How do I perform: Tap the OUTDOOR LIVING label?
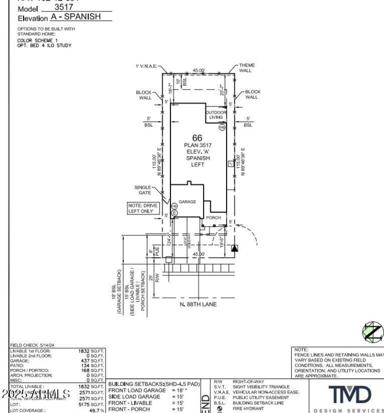tap(216, 115)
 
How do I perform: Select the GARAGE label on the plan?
tap(187, 202)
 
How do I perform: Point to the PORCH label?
tap(213, 218)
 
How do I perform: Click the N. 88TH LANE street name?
tap(198, 304)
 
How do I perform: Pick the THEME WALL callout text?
tap(247, 68)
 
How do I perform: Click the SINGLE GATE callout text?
tap(144, 190)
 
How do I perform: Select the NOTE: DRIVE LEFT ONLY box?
tap(143, 208)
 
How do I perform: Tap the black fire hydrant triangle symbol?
tap(234, 248)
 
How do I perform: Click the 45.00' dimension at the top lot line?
tap(198, 70)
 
